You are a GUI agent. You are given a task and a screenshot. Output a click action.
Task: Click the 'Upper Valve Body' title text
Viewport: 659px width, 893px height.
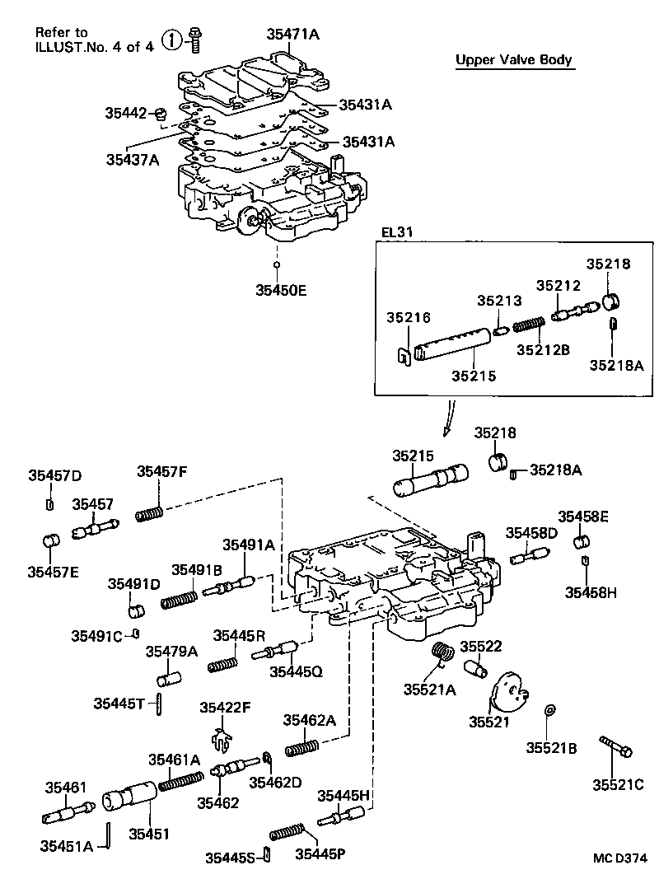[514, 60]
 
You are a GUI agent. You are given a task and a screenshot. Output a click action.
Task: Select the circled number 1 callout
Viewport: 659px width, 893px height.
[171, 40]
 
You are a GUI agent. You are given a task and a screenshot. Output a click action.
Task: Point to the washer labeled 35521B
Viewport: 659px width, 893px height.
[549, 711]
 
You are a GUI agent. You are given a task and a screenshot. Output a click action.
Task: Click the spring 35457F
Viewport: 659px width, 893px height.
[149, 515]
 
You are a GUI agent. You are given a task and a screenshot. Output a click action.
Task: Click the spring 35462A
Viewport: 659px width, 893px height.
[301, 747]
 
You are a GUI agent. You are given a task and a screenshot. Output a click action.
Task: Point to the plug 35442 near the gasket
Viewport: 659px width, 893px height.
[163, 113]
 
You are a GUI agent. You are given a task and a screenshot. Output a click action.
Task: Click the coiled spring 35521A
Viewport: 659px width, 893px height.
[444, 652]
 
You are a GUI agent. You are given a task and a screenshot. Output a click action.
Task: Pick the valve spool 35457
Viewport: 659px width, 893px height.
[95, 527]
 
